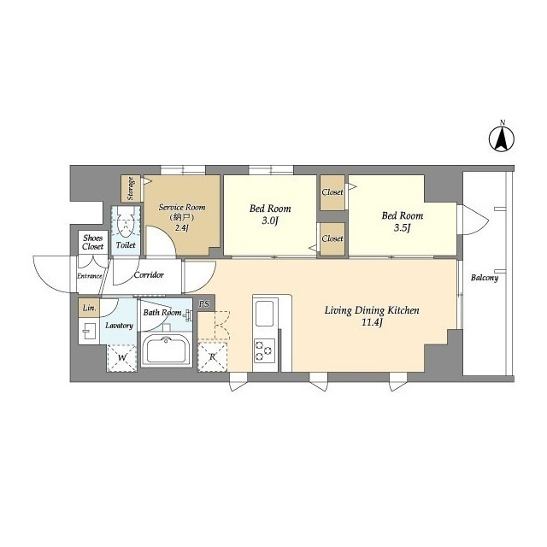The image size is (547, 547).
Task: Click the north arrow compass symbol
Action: coord(502,138)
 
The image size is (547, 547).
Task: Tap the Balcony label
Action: coord(485,278)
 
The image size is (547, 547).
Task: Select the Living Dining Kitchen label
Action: coord(372,310)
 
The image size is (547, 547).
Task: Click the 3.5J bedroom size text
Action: coord(403,228)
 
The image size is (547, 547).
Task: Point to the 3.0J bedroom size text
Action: coord(270,221)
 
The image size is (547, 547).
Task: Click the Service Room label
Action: coord(182,207)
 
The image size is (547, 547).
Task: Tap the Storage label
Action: coord(131,188)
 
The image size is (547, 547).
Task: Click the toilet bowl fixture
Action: coord(126,224)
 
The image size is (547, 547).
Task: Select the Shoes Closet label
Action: coord(93,242)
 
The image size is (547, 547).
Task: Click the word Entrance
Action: coord(89,276)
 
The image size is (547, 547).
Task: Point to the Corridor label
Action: coord(149,275)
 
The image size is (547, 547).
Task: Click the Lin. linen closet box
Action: coord(89,308)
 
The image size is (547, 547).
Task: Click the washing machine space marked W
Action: coord(121,358)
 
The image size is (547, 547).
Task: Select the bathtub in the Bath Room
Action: coord(167,350)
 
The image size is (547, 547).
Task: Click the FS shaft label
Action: coord(204,304)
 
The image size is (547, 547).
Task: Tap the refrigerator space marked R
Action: coord(212,357)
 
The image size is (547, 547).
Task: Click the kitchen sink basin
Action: coord(264,314)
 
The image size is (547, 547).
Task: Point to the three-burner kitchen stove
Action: coord(264,350)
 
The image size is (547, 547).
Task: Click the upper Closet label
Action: coord(332,191)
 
